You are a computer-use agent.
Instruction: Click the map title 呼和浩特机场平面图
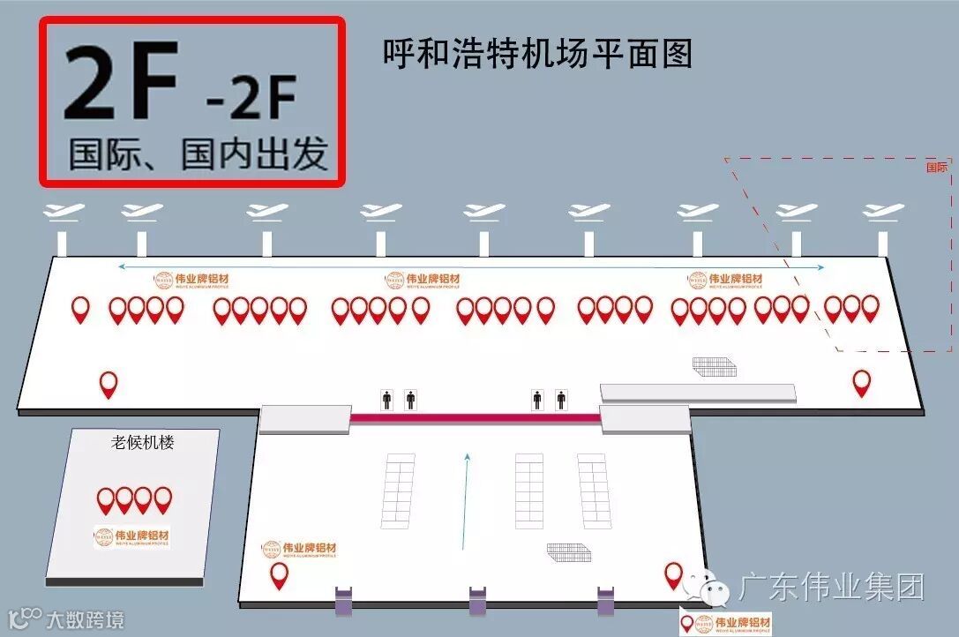[x=536, y=54]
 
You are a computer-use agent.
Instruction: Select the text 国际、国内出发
[x=199, y=154]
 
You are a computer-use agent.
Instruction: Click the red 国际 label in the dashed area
[x=936, y=167]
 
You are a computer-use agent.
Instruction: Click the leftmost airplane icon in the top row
[x=63, y=213]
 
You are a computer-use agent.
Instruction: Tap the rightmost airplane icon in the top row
[x=883, y=213]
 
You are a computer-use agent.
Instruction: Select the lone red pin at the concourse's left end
[x=109, y=383]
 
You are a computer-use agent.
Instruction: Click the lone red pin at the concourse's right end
[x=861, y=381]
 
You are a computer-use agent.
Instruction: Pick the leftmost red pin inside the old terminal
[x=106, y=499]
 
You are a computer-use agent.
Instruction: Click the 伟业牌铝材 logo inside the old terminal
[x=131, y=536]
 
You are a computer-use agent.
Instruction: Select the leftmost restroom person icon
[x=386, y=400]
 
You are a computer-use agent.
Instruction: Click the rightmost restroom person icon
[x=561, y=400]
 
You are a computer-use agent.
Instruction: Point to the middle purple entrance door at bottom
[x=477, y=600]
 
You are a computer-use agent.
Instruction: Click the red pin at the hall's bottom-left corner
[x=280, y=574]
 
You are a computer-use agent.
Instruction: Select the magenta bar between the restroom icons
[x=476, y=417]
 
